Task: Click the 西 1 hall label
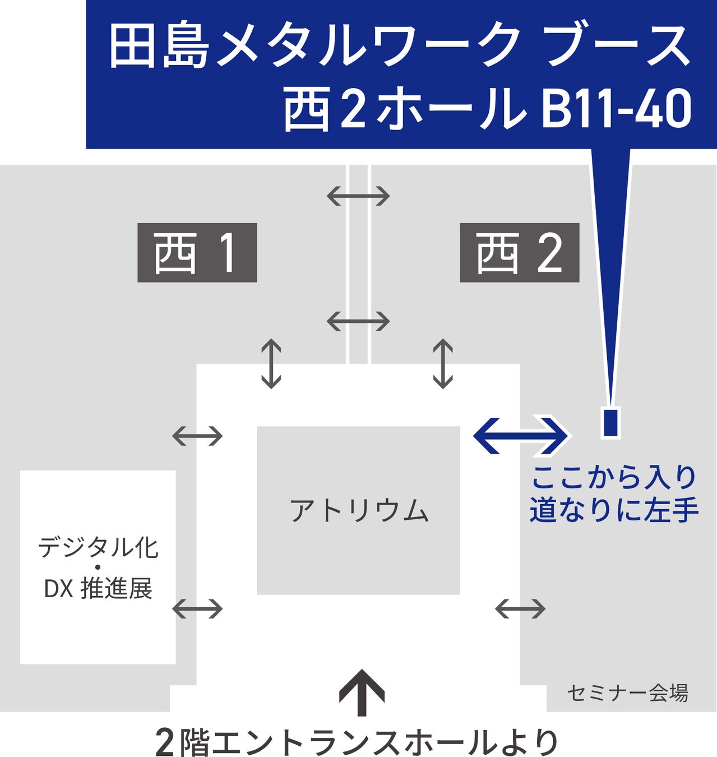pyautogui.click(x=197, y=253)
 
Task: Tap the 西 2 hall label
pyautogui.click(x=519, y=253)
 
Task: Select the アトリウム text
pyautogui.click(x=359, y=511)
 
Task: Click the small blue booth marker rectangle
pyautogui.click(x=610, y=423)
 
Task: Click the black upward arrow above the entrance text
pyautogui.click(x=362, y=693)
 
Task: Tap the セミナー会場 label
pyautogui.click(x=627, y=694)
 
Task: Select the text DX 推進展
pyautogui.click(x=98, y=589)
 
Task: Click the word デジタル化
pyautogui.click(x=98, y=547)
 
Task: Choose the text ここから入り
pyautogui.click(x=613, y=478)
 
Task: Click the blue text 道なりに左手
pyautogui.click(x=614, y=510)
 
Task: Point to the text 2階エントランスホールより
pyautogui.click(x=357, y=741)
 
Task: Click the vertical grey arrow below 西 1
pyautogui.click(x=271, y=364)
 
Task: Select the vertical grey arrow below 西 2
pyautogui.click(x=443, y=364)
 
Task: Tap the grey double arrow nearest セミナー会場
pyautogui.click(x=520, y=608)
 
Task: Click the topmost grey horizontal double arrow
pyautogui.click(x=358, y=196)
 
